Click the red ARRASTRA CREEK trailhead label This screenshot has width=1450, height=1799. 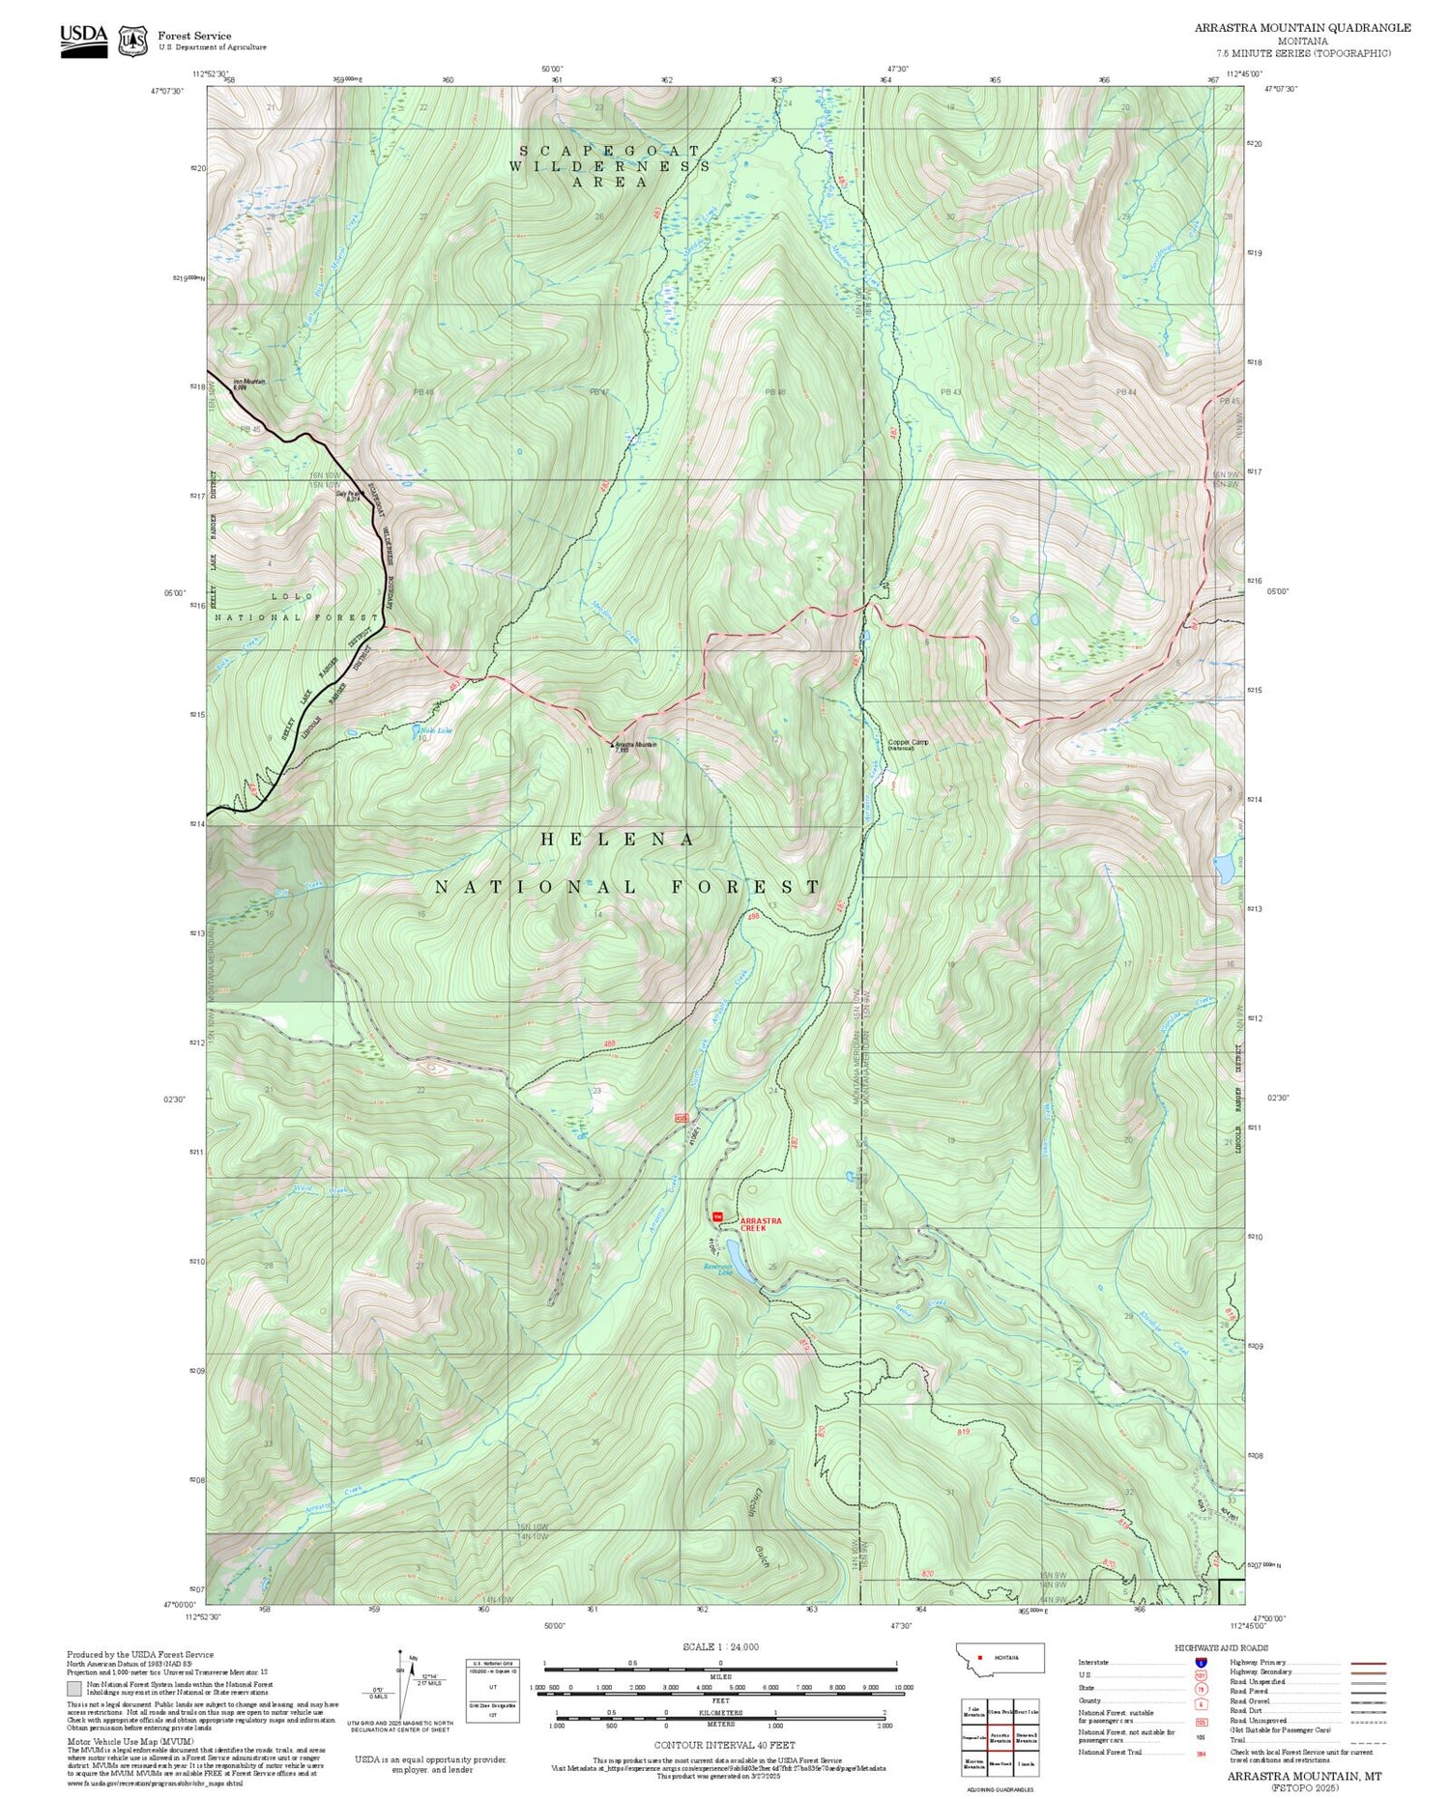tap(760, 1224)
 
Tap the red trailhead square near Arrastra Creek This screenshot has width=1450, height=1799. tap(717, 1216)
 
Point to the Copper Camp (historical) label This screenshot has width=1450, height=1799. tap(908, 744)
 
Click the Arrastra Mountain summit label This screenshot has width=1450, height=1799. tap(635, 746)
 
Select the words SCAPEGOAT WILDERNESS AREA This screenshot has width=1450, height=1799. tap(610, 165)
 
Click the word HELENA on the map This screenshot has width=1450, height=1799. tap(617, 840)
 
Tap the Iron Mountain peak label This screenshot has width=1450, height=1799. tap(248, 384)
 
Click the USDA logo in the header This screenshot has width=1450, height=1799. tap(83, 40)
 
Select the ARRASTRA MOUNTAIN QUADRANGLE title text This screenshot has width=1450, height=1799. tap(1302, 27)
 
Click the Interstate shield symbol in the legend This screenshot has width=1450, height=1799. tap(1200, 1662)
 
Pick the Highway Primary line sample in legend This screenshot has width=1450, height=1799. tap(1364, 1664)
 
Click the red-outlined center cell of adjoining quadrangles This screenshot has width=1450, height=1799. tap(1000, 1737)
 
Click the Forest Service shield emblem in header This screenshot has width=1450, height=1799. tap(132, 42)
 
